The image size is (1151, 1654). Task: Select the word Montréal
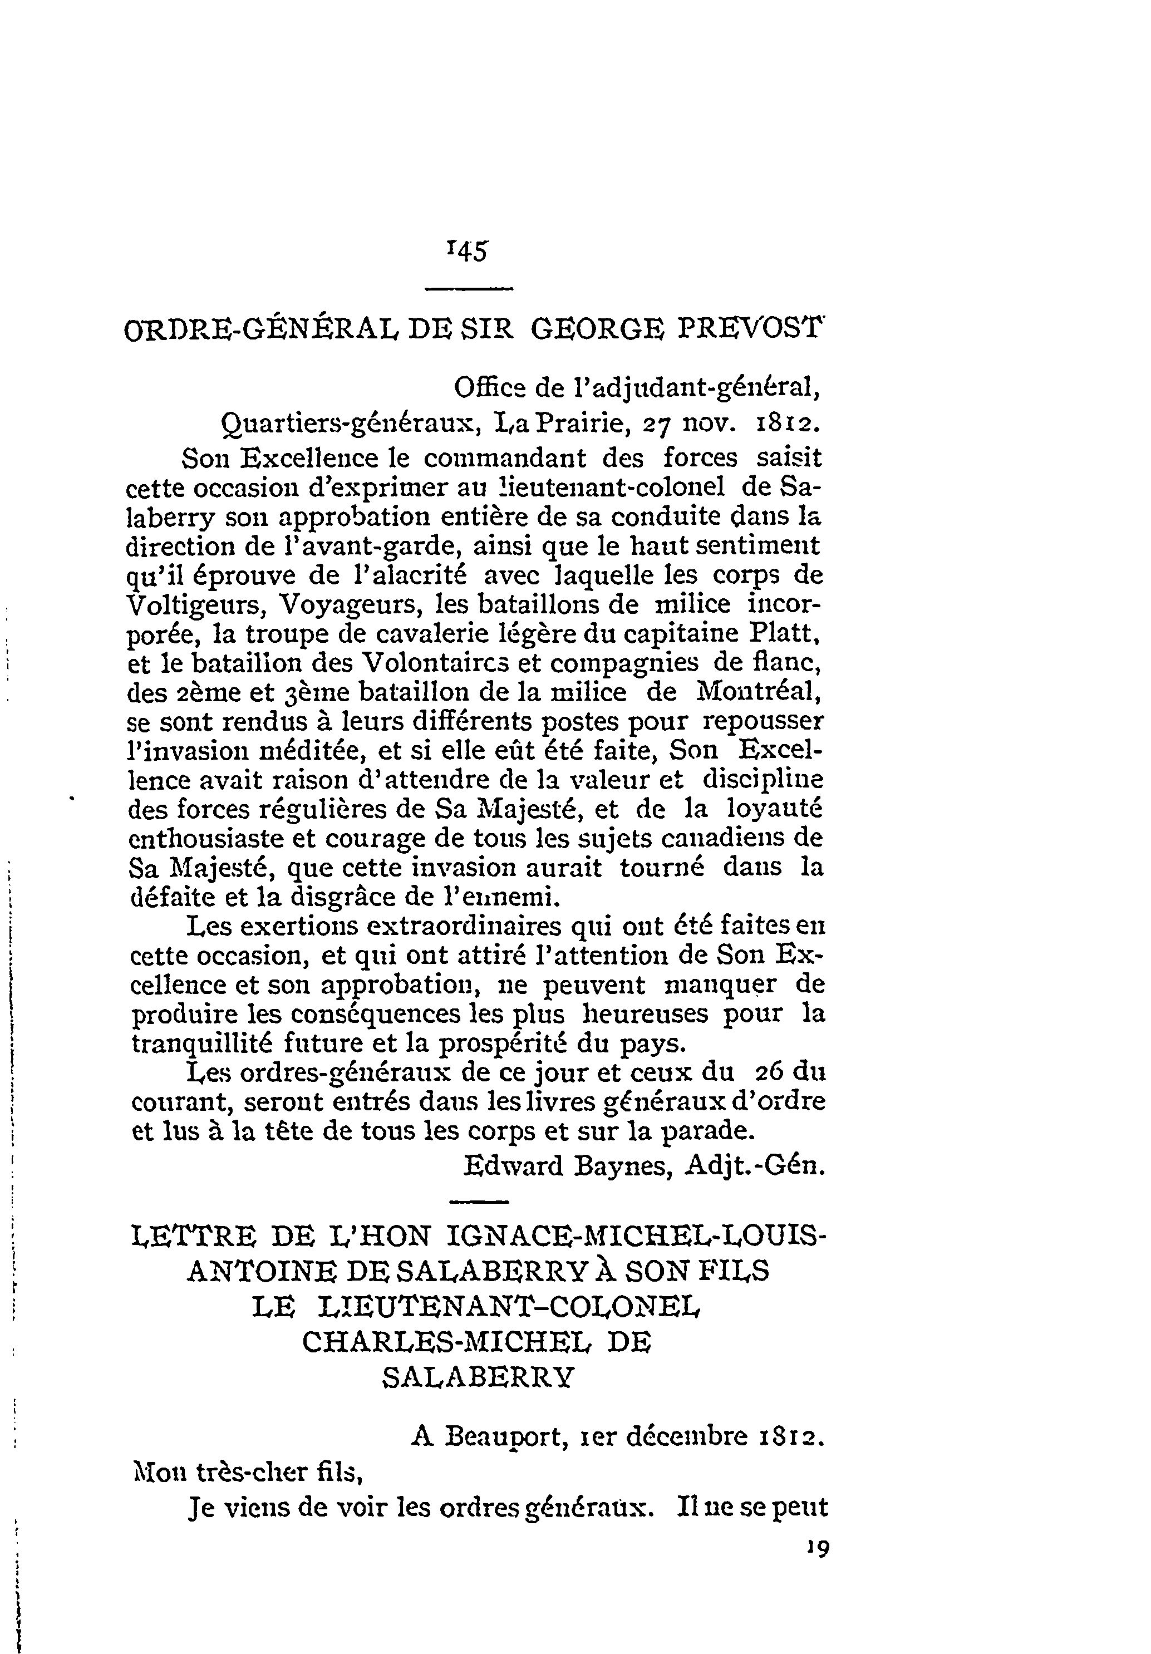tap(759, 692)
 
